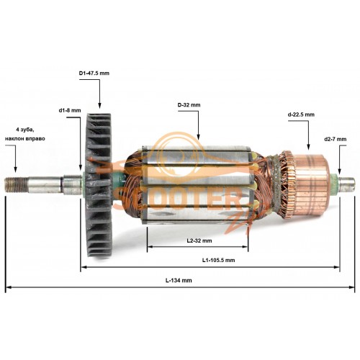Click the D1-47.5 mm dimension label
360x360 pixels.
click(94, 73)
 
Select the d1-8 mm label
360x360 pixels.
click(70, 111)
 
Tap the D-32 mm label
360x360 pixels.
click(189, 105)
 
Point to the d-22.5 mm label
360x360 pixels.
click(301, 114)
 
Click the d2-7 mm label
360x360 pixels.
click(335, 139)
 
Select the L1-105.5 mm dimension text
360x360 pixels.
click(218, 260)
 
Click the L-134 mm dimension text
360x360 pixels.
click(179, 280)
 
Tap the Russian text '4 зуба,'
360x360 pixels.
click(25, 130)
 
